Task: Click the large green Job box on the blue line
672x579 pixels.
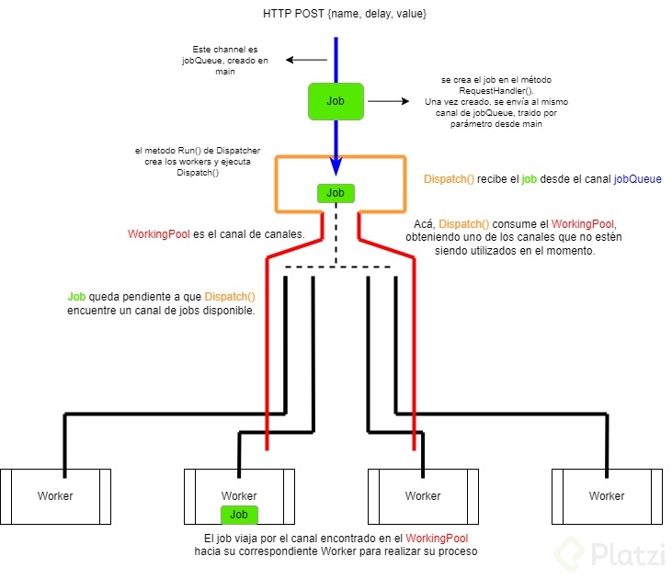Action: click(x=336, y=101)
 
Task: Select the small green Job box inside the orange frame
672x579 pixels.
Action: click(x=336, y=193)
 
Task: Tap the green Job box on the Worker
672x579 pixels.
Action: click(x=239, y=515)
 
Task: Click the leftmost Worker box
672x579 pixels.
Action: click(x=55, y=496)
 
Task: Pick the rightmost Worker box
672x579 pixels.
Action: click(x=606, y=496)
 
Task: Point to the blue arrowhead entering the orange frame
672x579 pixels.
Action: click(x=336, y=166)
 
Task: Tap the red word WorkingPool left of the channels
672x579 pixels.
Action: click(x=159, y=235)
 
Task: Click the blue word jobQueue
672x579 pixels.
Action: click(x=638, y=178)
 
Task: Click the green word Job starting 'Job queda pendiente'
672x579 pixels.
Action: click(x=76, y=297)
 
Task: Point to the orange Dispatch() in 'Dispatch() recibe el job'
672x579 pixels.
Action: click(x=449, y=178)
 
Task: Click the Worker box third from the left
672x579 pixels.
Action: click(x=423, y=496)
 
